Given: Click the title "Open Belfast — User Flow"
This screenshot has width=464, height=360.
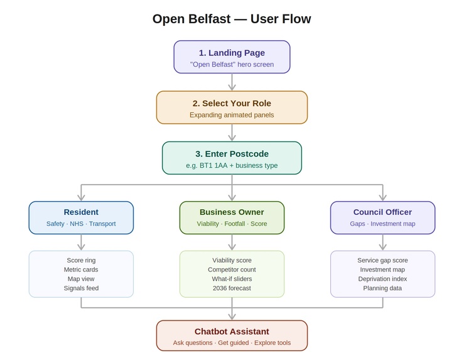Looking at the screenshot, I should point(232,19).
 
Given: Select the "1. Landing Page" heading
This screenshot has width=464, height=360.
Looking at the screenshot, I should point(232,53).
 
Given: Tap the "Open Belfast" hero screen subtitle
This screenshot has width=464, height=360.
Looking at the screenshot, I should point(232,65).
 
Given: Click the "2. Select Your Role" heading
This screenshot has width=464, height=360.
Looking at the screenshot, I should point(232,103).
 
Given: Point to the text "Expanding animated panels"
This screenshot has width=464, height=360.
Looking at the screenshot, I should point(232,115).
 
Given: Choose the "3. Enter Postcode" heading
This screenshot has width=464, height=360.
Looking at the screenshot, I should point(232,153).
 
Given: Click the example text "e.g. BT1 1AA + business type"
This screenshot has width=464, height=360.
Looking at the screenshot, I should point(232,165).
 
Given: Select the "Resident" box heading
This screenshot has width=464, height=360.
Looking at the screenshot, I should point(81,212).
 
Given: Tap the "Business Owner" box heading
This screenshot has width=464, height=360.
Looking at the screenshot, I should point(232,212).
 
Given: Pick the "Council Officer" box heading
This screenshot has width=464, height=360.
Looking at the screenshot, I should point(382,212).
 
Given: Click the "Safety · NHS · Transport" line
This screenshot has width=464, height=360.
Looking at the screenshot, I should point(81,224).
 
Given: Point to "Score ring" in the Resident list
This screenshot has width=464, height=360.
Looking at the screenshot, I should point(81,260).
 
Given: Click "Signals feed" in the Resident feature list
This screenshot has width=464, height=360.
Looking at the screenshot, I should point(81,288).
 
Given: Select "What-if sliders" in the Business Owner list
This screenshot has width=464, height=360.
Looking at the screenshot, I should point(232,279).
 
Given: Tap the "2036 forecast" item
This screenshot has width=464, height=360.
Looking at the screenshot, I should point(232,288).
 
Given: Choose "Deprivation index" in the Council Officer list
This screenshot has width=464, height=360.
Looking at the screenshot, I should point(382,279).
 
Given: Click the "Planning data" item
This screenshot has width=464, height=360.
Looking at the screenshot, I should point(382,288).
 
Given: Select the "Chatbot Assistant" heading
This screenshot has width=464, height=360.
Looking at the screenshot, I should point(232,331).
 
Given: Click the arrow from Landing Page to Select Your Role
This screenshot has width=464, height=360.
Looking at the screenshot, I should point(232,82).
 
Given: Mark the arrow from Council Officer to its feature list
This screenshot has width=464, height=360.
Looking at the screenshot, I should point(382,243).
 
